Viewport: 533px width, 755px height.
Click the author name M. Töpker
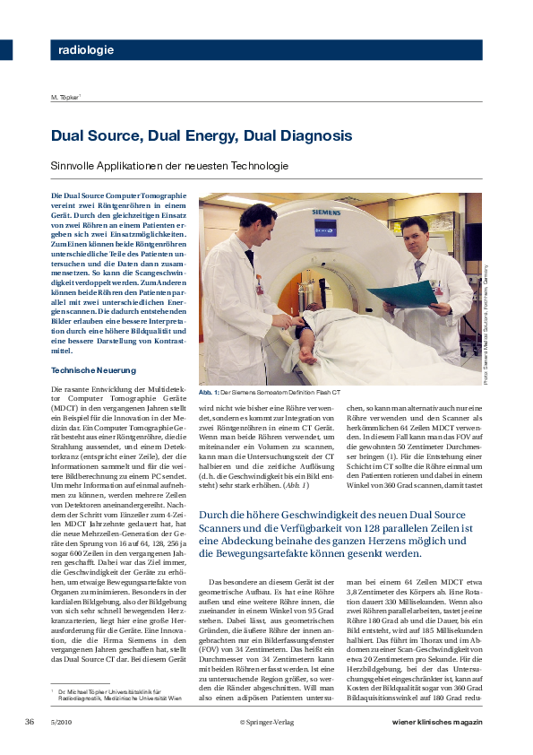pos(66,97)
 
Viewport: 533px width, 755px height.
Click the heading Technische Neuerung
pos(92,369)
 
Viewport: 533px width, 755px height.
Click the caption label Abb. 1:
pos(211,393)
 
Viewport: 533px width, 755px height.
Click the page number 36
pos(30,722)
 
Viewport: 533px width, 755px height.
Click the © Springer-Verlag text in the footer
pos(267,722)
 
